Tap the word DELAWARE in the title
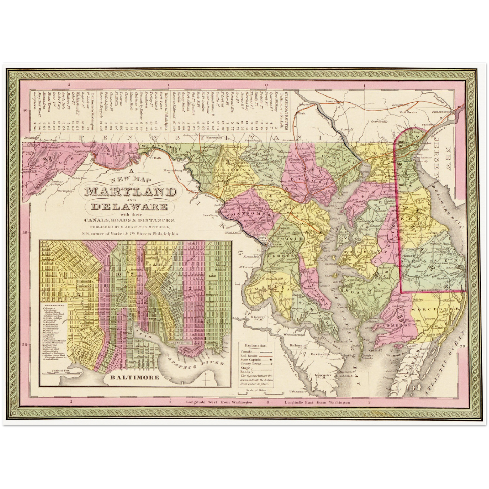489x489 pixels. pyautogui.click(x=128, y=207)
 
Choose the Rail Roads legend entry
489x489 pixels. pyautogui.click(x=249, y=356)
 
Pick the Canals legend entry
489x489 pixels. pyautogui.click(x=247, y=351)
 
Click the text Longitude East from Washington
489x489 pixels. pyautogui.click(x=317, y=403)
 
